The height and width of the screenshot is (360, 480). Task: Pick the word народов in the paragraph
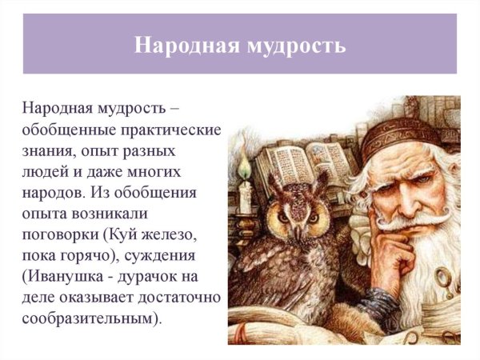coord(54,193)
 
